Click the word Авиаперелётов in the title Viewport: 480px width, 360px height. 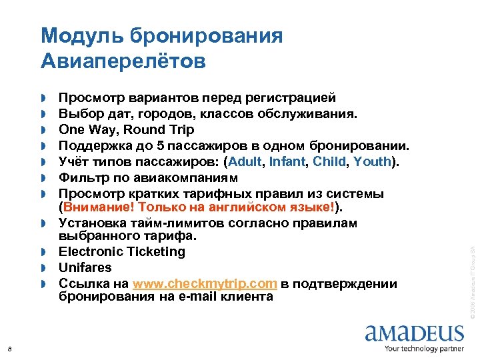pos(123,61)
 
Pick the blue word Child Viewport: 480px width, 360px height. pos(329,161)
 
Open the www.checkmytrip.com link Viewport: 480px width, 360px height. pos(205,283)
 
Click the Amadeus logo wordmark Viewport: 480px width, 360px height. pos(414,333)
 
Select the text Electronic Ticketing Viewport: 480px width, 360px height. pos(122,251)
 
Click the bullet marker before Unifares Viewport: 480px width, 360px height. pos(45,268)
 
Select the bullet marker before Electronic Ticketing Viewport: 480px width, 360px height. pos(45,252)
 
